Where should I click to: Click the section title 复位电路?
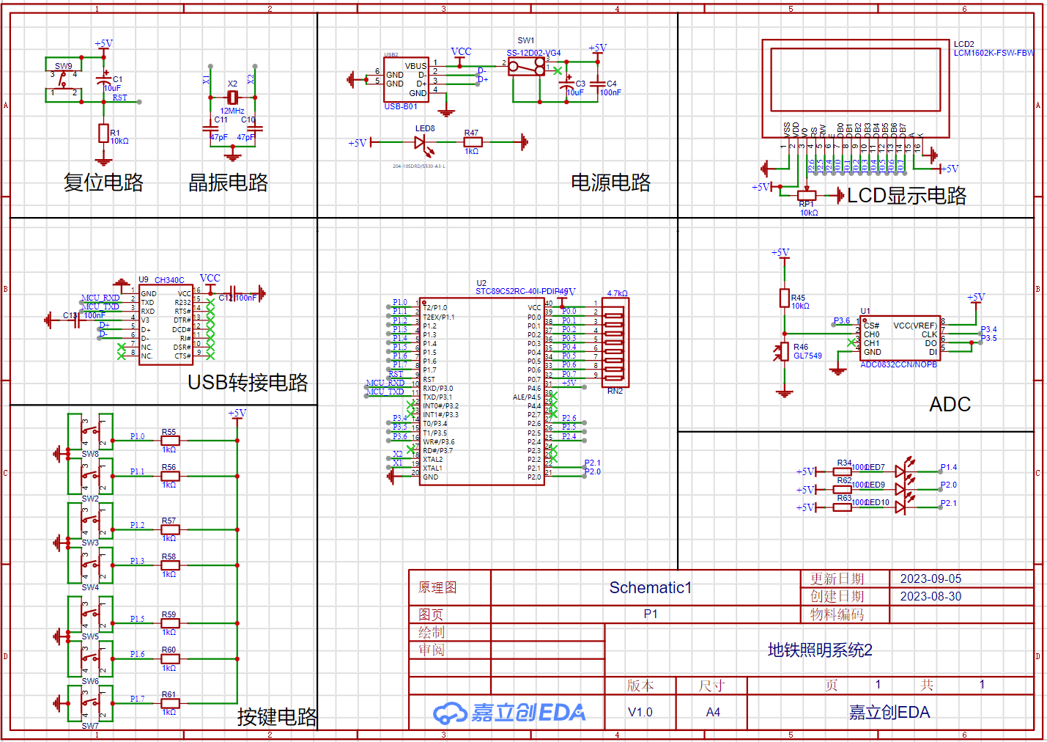tap(103, 183)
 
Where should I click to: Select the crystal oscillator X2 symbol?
tap(232, 98)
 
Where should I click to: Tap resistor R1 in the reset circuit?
tap(103, 133)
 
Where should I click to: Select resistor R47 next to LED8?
tap(473, 142)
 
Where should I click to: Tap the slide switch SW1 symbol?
tap(528, 68)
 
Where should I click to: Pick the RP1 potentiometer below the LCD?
tap(806, 195)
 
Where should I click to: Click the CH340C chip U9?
tap(166, 325)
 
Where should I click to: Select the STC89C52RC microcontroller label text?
tap(522, 291)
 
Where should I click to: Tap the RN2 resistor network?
tap(613, 342)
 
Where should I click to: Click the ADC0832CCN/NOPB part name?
tap(898, 364)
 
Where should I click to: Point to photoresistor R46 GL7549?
tap(784, 351)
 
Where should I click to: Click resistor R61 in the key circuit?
tap(170, 703)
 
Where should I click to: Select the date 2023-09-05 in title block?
tap(931, 578)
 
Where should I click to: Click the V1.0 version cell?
tap(640, 712)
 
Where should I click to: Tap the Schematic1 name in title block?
tap(650, 588)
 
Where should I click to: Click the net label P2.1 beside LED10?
tap(948, 503)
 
